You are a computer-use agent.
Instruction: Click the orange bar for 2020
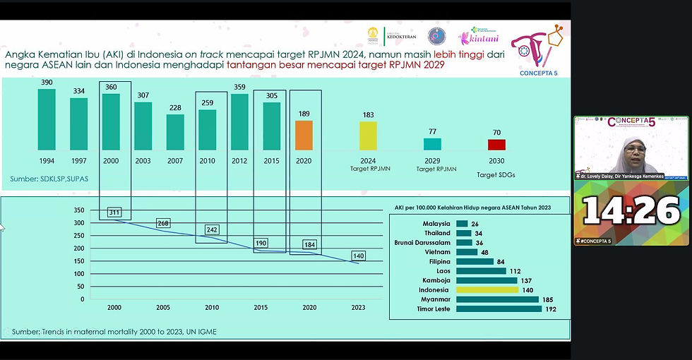[x=304, y=135]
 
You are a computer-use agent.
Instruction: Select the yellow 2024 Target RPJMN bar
[x=368, y=136]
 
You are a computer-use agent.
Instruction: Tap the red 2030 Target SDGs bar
[x=496, y=144]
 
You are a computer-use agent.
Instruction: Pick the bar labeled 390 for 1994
[x=47, y=119]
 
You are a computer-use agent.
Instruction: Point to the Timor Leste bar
[x=499, y=308]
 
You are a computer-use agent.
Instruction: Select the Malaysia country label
[x=436, y=224]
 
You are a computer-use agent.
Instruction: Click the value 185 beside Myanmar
[x=547, y=299]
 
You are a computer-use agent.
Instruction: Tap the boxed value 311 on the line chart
[x=115, y=212]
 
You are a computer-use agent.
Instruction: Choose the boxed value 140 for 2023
[x=359, y=256]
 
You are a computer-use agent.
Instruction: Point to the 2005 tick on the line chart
[x=163, y=308]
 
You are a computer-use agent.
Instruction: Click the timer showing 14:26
[x=631, y=211]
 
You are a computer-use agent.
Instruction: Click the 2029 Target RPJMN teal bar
[x=432, y=144]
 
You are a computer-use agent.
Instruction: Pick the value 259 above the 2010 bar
[x=207, y=103]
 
